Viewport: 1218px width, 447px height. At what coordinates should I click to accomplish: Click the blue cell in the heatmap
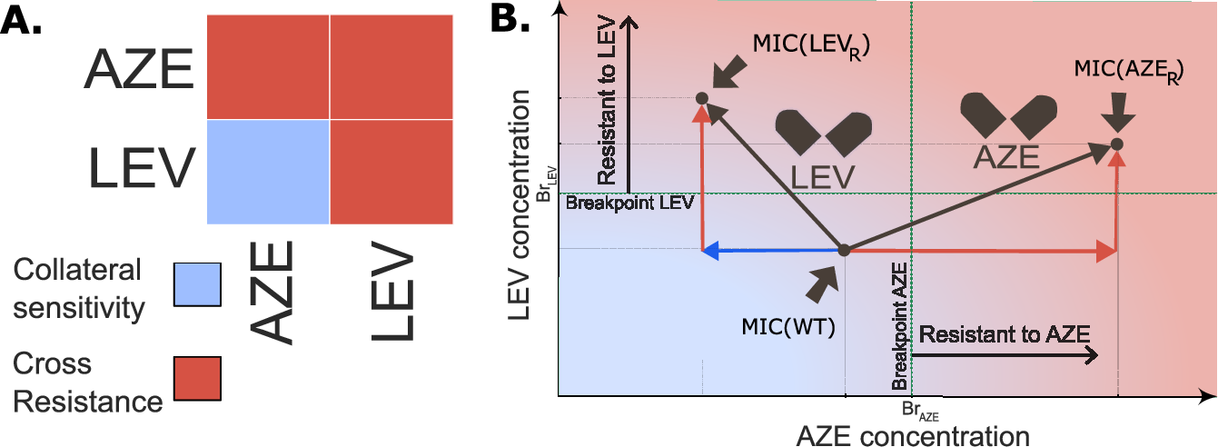268,172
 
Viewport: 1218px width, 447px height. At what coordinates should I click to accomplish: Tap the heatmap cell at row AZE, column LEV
391,67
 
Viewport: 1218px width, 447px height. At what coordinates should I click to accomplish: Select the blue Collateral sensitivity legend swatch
199,287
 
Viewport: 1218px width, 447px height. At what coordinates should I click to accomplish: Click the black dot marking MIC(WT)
843,249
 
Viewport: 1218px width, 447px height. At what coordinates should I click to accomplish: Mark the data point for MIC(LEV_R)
702,97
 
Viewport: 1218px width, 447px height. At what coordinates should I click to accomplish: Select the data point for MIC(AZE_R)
1117,144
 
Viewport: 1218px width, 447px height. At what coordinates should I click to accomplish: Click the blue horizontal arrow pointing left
772,249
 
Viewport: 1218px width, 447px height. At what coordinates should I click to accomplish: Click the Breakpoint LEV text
629,203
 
